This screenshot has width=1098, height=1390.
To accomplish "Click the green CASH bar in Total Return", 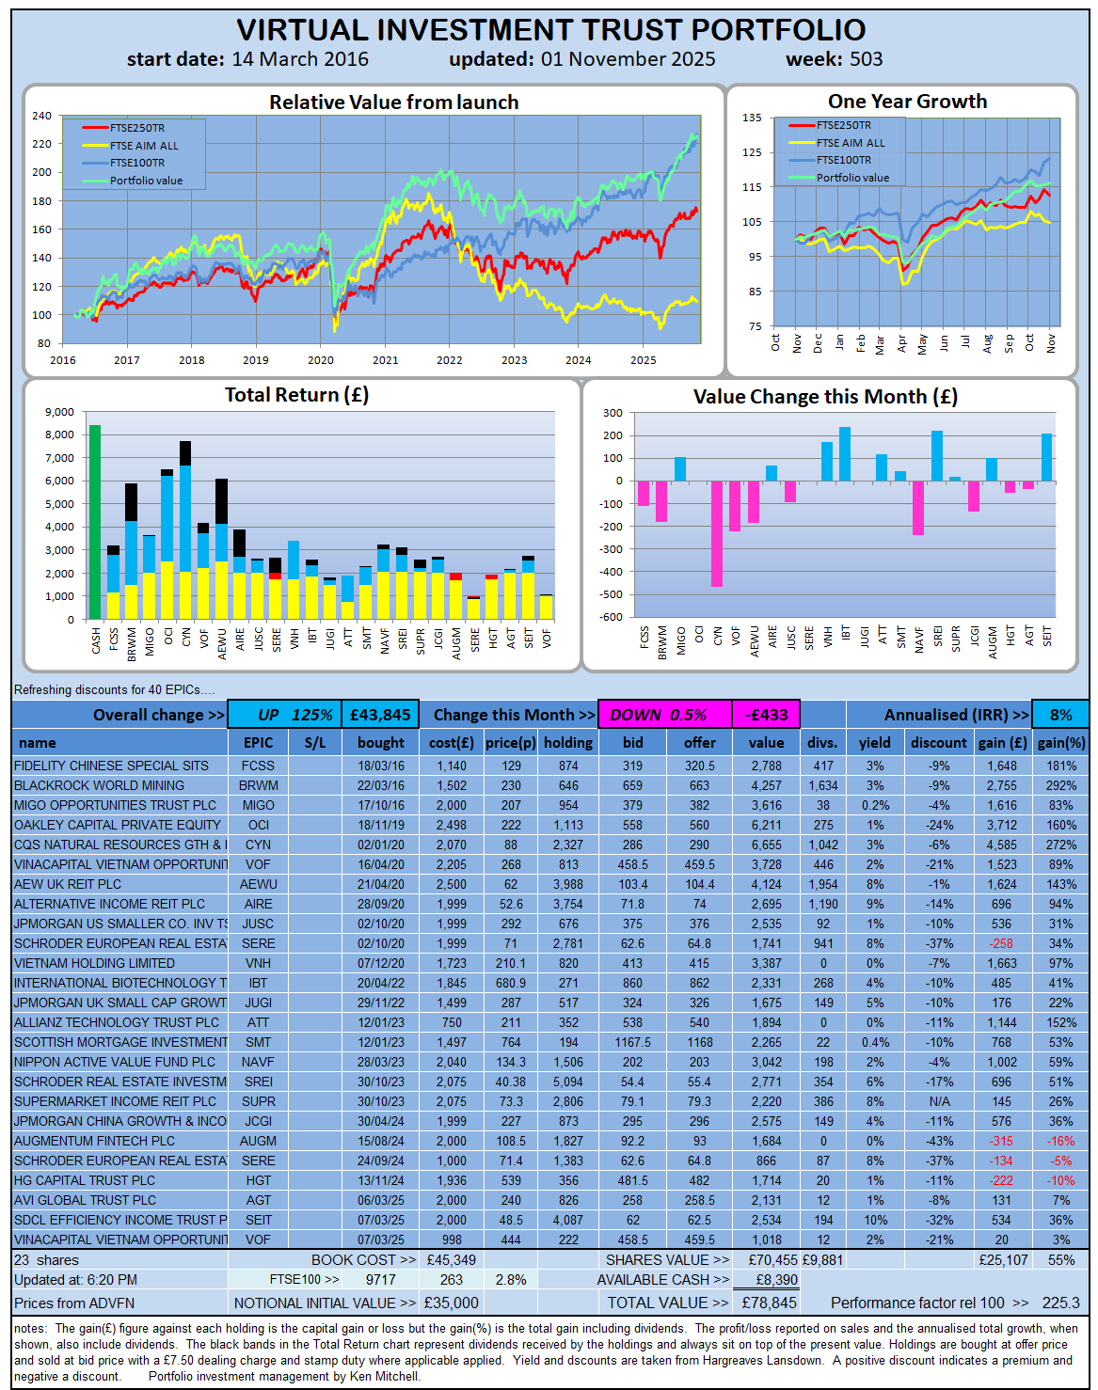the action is (x=95, y=522).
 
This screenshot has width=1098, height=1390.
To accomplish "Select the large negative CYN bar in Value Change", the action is (x=717, y=533).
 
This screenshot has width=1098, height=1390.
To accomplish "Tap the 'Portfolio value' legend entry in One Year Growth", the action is (x=852, y=178).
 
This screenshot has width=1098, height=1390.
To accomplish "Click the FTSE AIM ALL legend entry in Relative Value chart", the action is (x=143, y=146).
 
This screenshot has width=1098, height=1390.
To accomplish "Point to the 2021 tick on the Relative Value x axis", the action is (x=385, y=360).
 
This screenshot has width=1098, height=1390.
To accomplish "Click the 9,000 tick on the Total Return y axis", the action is (x=60, y=412).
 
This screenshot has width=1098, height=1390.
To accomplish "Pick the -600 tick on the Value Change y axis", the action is (x=611, y=617).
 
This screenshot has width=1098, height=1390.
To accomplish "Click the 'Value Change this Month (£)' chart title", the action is (x=825, y=397).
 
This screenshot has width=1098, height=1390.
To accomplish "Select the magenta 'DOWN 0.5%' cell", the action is (x=665, y=715).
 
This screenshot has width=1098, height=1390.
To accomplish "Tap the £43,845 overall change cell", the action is (x=380, y=715).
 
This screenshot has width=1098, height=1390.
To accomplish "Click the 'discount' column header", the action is (x=938, y=743).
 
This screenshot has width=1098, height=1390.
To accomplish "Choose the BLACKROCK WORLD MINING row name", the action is (x=99, y=785).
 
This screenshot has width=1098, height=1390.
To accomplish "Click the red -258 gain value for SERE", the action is (x=1001, y=943).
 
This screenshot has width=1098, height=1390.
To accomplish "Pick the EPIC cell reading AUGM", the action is (x=258, y=1142).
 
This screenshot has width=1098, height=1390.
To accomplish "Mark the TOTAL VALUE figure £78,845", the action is (x=769, y=1303).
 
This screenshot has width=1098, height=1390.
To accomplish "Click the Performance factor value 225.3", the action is (x=1060, y=1303).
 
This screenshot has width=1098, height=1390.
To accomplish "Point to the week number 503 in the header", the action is (x=866, y=59).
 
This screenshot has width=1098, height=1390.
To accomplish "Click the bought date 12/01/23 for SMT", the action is (x=381, y=1042).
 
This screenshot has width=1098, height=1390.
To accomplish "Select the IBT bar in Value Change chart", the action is (x=845, y=454).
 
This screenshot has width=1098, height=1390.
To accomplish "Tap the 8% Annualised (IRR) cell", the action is (x=1060, y=715).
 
